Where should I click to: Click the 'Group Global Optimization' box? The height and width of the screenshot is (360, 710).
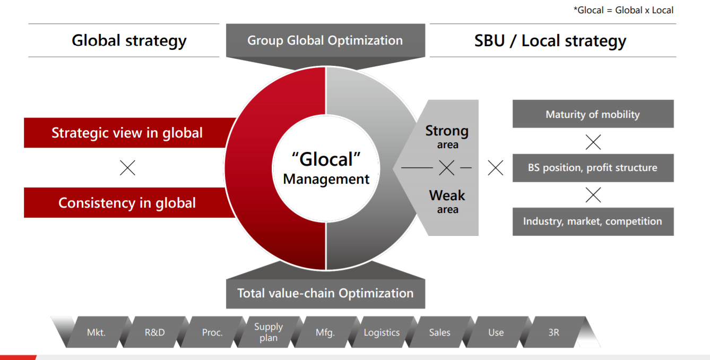[x=325, y=40]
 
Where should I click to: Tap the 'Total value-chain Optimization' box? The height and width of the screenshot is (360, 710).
[x=325, y=294]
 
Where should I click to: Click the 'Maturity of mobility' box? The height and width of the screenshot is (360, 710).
[x=593, y=114]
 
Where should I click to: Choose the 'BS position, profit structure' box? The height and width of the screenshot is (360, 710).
[x=593, y=168]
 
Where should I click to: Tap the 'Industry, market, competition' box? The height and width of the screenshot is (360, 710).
[x=593, y=221]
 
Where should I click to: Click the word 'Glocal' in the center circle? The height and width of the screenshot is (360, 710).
[x=326, y=159]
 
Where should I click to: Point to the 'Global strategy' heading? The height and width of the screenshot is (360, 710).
[x=129, y=40]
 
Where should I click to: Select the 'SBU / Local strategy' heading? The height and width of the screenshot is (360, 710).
[x=550, y=40]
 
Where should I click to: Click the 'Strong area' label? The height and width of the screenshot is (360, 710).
[x=447, y=136]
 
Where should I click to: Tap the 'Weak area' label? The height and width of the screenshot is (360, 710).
[x=447, y=201]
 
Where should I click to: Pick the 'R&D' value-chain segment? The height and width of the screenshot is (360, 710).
[x=154, y=332]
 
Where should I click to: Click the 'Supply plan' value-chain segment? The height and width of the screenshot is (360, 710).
[x=269, y=332]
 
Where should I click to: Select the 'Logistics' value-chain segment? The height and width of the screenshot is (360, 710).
[x=382, y=332]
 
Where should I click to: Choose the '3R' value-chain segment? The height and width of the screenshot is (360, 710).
[x=554, y=332]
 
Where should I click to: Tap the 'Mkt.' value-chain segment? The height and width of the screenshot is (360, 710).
[x=97, y=332]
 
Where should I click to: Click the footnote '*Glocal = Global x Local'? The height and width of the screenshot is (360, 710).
[x=623, y=10]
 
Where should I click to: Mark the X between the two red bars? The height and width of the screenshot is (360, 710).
[x=127, y=168]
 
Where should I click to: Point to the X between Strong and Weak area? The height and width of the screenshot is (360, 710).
[x=447, y=167]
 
